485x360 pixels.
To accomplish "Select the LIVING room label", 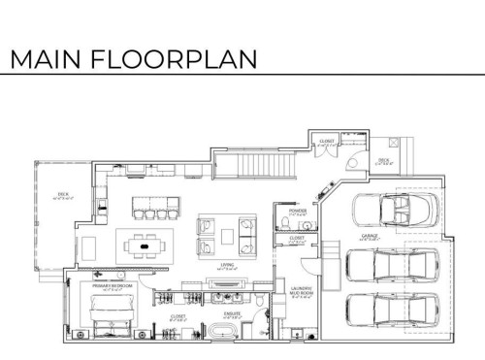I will coord(228,264).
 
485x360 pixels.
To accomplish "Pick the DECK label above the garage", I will coord(383,161).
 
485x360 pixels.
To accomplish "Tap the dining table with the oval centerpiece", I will coord(146,246).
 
